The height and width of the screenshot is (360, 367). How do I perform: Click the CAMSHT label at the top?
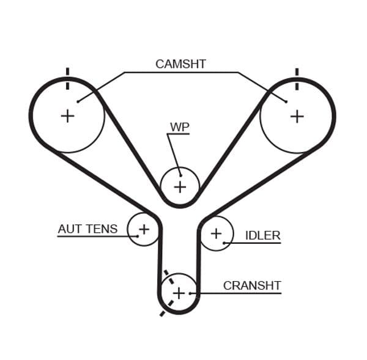click(180, 64)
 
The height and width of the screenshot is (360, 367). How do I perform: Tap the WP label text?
click(179, 127)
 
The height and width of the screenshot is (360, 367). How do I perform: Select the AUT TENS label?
click(87, 229)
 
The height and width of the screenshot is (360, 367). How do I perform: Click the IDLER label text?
click(262, 235)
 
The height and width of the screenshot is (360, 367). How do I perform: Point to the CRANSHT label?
click(251, 285)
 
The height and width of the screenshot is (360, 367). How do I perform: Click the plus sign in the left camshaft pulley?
click(67, 115)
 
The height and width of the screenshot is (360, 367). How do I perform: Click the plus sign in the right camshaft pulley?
click(297, 116)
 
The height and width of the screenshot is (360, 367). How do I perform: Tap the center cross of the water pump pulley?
click(180, 186)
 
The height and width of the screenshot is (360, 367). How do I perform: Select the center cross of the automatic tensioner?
click(144, 229)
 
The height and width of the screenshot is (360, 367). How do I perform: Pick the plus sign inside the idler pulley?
click(216, 233)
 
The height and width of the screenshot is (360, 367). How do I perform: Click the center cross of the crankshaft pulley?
click(178, 293)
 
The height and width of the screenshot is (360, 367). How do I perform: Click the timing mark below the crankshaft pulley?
click(163, 313)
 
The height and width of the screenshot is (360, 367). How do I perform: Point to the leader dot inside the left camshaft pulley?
click(78, 101)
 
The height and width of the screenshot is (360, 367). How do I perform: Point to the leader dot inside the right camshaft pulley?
click(286, 101)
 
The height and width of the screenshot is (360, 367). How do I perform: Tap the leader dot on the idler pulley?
click(224, 243)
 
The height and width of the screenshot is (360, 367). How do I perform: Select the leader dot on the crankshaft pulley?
click(191, 293)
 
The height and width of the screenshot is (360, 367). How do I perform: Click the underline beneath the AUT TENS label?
click(92, 237)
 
